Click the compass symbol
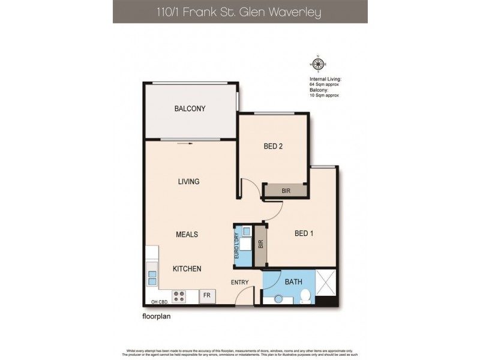pos(318,64)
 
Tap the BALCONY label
pos(190,109)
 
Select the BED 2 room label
pos(273,145)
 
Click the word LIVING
pos(188,181)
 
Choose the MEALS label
pos(187,234)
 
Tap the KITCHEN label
pos(187,269)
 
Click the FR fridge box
pos(207,295)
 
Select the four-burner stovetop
pos(179,295)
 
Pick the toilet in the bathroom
pos(305,295)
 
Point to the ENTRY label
pos(239,281)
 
